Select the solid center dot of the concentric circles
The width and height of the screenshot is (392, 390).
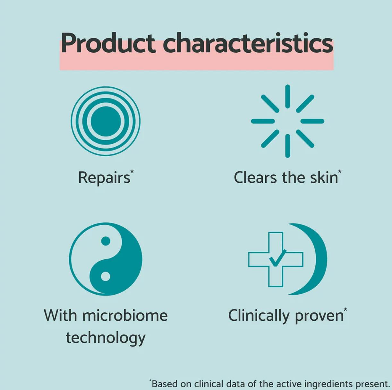pos(106,121)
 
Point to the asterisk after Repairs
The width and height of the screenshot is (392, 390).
pos(132,171)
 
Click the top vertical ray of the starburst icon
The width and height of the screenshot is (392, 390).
pos(287,96)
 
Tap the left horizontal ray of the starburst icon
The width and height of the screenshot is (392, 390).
pos(263,121)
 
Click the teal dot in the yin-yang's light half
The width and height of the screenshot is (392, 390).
pos(106,241)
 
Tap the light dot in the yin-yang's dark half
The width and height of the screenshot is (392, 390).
pos(106,277)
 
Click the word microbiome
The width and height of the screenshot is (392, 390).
pos(125,315)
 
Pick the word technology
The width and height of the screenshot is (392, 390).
pos(106,338)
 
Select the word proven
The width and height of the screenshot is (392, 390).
pos(319,317)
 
